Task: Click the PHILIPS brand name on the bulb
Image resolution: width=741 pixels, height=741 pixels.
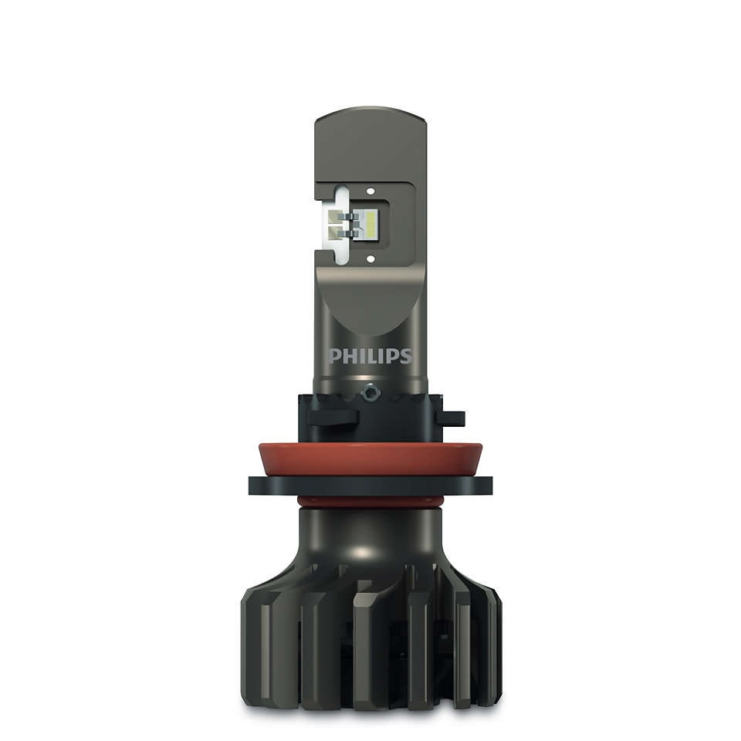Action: pos(370,357)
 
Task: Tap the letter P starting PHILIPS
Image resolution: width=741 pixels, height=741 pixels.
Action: pos(334,357)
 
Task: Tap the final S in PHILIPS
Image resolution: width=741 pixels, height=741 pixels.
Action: pos(406,357)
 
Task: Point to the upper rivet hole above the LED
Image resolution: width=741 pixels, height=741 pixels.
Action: pos(370,191)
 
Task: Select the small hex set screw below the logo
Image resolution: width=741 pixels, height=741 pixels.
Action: pos(372,393)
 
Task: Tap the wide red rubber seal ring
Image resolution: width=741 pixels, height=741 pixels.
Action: pos(370,460)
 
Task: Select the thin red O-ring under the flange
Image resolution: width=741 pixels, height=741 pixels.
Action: pos(370,502)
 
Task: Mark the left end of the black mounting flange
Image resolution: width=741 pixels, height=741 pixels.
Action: pos(255,486)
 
